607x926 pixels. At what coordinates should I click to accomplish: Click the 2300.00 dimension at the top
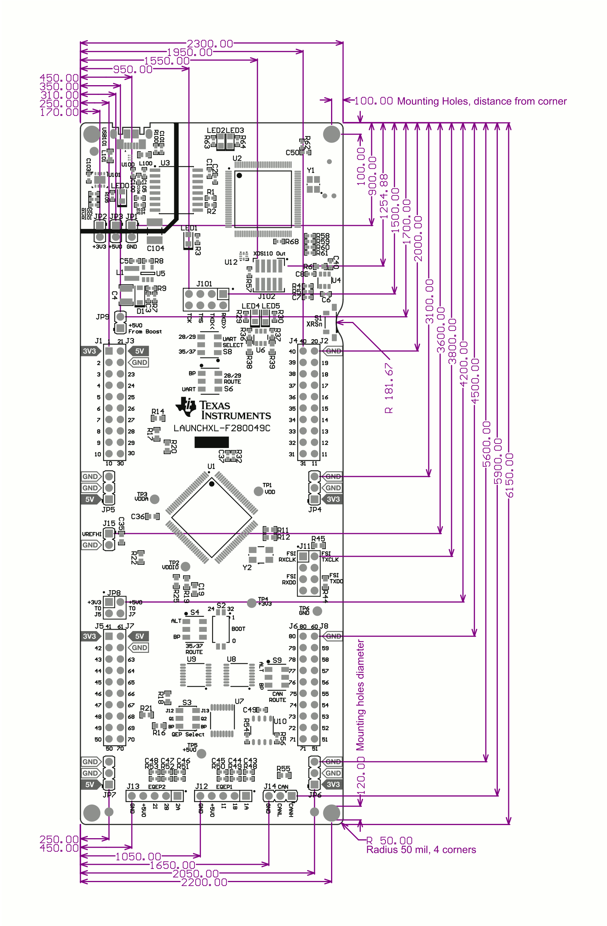(209, 43)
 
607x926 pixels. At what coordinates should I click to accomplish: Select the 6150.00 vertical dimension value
(509, 475)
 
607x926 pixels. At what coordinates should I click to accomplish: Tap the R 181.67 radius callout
(389, 388)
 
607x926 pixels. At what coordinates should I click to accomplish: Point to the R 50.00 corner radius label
(389, 840)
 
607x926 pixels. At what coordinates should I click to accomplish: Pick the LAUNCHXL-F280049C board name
(221, 428)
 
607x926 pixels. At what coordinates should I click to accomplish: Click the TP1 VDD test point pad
(258, 491)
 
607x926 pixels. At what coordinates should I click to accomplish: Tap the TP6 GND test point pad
(317, 611)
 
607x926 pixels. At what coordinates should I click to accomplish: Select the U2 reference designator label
(237, 158)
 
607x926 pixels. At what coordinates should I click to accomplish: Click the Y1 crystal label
(310, 170)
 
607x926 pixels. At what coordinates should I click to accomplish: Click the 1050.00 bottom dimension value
(138, 856)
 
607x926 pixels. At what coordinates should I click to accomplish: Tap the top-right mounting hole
(331, 134)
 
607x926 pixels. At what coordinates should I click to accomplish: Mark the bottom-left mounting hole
(92, 813)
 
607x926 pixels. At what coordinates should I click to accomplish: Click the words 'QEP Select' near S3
(188, 734)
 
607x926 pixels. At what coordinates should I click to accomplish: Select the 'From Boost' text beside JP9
(145, 332)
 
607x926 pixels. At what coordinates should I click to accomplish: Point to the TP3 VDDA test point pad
(155, 499)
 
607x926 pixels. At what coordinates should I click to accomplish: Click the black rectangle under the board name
(211, 442)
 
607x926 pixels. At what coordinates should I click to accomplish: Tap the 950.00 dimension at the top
(133, 69)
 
